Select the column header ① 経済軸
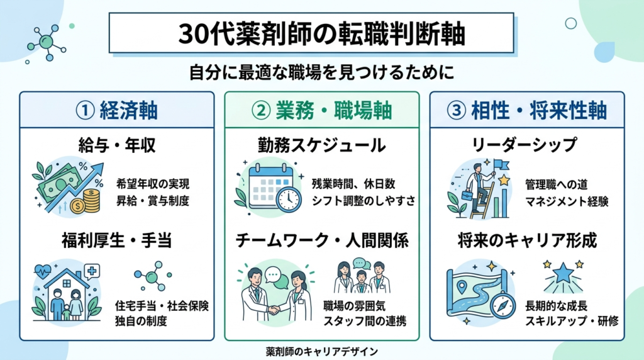(116, 111)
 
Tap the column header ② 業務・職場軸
(321, 111)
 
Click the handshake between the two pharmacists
(274, 310)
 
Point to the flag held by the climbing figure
(502, 165)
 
